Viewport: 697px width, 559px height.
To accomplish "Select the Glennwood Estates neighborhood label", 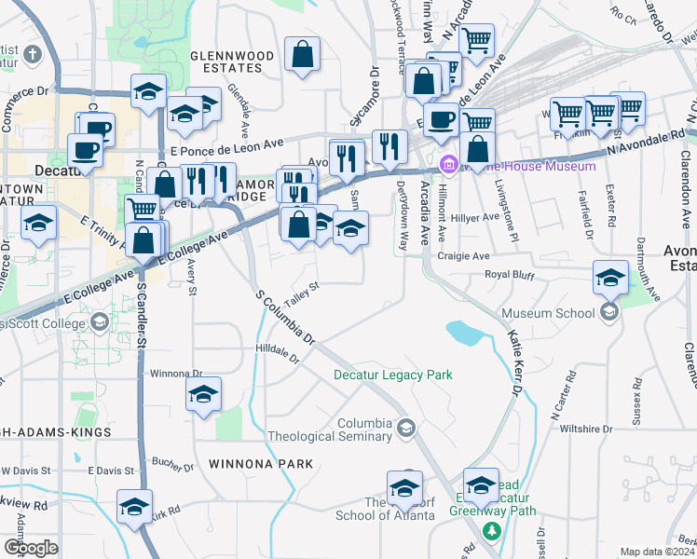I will pos(232,61).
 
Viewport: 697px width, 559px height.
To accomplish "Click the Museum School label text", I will pos(548,313).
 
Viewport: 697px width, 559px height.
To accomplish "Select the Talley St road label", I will pos(303,293).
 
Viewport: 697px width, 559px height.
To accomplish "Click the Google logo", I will pos(31,548).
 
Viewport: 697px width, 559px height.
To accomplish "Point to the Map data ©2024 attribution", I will pos(657,552).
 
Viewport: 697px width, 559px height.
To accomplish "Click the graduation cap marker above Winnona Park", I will pos(203,395).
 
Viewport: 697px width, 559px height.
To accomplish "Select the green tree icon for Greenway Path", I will pos(491,530).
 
